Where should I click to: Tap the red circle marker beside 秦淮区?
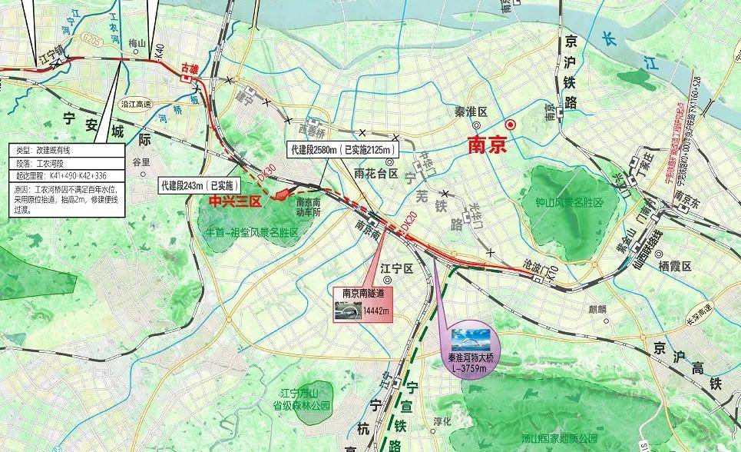click(509, 125)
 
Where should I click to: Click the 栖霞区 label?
click(675, 265)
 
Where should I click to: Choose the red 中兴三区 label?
click(236, 201)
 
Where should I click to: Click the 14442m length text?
click(374, 310)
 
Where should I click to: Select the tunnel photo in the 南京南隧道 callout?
click(348, 310)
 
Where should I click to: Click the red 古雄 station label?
click(188, 69)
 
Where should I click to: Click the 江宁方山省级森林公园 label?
click(305, 399)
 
